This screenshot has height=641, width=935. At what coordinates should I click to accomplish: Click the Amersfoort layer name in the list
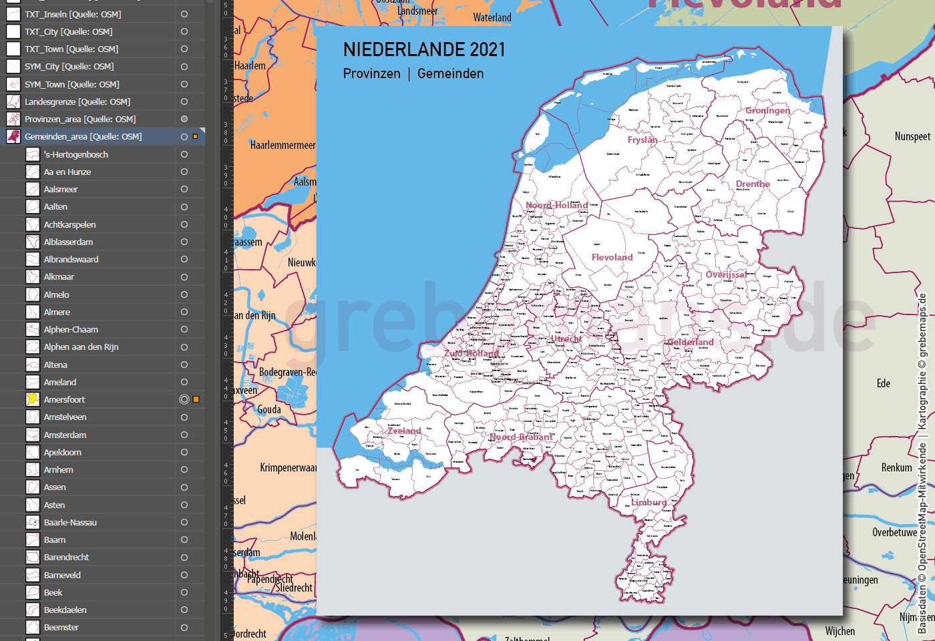coord(64,399)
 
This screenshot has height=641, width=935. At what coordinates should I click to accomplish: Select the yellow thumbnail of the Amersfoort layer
coord(32,399)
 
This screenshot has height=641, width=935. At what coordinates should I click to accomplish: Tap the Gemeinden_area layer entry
coord(83,136)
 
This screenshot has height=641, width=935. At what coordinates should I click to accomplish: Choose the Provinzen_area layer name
coord(79,119)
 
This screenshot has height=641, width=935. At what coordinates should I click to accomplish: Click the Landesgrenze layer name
coord(77,101)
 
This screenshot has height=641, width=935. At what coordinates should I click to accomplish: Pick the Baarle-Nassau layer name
coord(70,522)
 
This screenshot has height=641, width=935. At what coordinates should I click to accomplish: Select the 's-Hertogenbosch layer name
coord(75,154)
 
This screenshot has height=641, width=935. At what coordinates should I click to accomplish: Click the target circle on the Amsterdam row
coord(184,435)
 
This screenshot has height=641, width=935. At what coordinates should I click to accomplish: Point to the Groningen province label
coord(767,110)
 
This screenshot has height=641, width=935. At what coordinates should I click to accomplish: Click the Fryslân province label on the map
coord(642,140)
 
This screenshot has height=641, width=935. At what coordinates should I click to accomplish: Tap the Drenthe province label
coord(753,184)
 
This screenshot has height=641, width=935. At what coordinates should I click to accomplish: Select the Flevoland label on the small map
coord(612,257)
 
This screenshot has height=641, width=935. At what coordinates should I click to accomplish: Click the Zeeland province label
coord(404,431)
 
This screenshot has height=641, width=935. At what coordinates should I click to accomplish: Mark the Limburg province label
coord(648,502)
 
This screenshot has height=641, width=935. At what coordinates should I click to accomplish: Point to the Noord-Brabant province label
coord(521,437)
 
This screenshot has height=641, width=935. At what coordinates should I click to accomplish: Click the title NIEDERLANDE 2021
coord(424,49)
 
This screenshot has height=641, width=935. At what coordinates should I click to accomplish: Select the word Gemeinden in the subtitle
coord(450,73)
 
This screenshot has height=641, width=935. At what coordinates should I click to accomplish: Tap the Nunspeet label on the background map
coord(912,136)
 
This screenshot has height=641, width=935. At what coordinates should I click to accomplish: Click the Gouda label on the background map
coord(269,409)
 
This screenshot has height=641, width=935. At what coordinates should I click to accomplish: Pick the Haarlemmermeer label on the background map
coord(283,145)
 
